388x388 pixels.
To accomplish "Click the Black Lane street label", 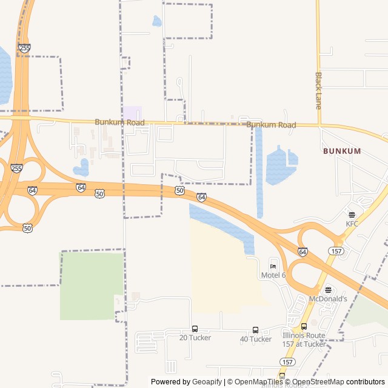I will click(318, 91).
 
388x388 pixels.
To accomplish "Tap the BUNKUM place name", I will click(342, 150).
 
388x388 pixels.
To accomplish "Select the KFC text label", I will click(352, 224).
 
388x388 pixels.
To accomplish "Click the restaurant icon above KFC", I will click(352, 214).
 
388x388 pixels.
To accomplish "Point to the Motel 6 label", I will click(273, 275).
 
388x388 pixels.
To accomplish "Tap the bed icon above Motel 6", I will click(273, 266).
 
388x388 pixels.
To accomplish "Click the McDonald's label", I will click(328, 299).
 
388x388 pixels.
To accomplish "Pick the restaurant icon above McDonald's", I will click(328, 290).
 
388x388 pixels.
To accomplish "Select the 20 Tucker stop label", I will click(195, 338).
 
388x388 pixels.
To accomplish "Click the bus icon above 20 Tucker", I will click(195, 329).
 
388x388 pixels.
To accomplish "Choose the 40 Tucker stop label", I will click(255, 339).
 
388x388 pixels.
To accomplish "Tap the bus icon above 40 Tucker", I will click(255, 330).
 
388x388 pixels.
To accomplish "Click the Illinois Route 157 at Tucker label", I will click(304, 339).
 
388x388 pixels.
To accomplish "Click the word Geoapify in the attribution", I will click(207, 382).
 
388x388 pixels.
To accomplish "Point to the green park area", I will click(91, 285).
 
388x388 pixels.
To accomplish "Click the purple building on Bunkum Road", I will click(133, 113).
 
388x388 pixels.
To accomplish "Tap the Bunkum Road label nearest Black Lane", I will click(271, 125).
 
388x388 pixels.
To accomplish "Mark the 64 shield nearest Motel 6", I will click(303, 251).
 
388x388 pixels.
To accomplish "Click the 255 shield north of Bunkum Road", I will click(24, 47).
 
